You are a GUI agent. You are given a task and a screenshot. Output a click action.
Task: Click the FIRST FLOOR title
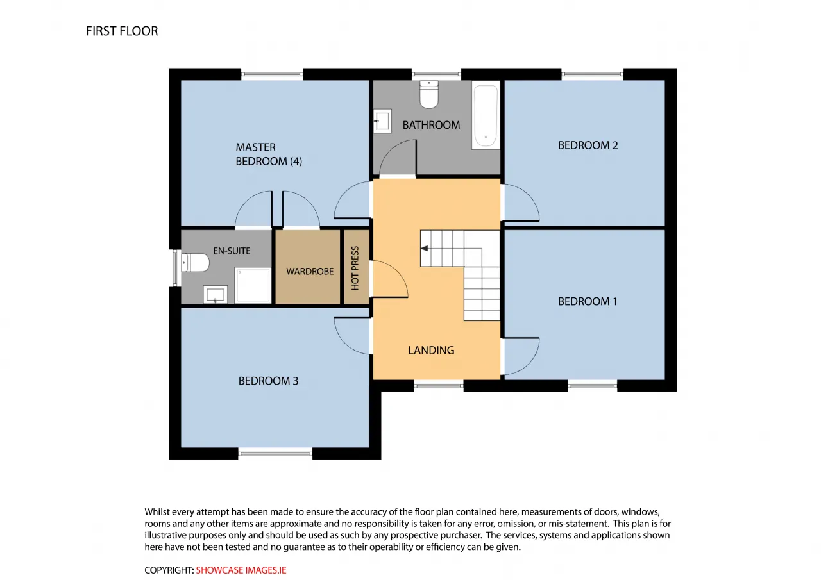tap(122, 31)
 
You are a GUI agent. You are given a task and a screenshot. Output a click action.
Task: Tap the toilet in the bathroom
tap(429, 94)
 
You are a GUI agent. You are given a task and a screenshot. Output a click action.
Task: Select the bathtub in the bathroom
tap(486, 115)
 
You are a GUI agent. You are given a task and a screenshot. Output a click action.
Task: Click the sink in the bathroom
tap(382, 121)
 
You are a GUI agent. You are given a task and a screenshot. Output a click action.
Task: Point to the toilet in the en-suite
tap(195, 263)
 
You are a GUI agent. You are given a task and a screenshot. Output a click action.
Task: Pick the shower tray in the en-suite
tap(253, 285)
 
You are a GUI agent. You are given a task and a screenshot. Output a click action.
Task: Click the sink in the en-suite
tap(215, 294)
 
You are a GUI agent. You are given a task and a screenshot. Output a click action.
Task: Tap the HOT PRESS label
tap(355, 268)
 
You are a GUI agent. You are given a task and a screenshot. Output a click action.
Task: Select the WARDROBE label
tap(310, 271)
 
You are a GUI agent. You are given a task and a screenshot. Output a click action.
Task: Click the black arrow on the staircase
tap(425, 248)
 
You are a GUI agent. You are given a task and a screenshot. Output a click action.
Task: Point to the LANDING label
tap(431, 351)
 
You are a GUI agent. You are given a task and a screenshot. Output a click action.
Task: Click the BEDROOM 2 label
tap(588, 145)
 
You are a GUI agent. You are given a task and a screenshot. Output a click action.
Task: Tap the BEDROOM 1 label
tap(588, 301)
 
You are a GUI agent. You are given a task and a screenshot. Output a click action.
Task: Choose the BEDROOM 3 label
tap(268, 381)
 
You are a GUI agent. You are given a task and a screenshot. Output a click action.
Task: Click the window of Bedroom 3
tap(275, 453)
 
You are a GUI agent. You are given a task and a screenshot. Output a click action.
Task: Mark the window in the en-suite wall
tap(175, 268)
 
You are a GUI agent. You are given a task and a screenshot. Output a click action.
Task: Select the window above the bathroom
tap(436, 74)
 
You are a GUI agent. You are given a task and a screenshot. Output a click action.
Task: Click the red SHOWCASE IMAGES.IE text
tap(241, 570)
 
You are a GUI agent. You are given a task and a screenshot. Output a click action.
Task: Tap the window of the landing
tap(439, 386)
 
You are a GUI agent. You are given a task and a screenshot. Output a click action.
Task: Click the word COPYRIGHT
tap(169, 570)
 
